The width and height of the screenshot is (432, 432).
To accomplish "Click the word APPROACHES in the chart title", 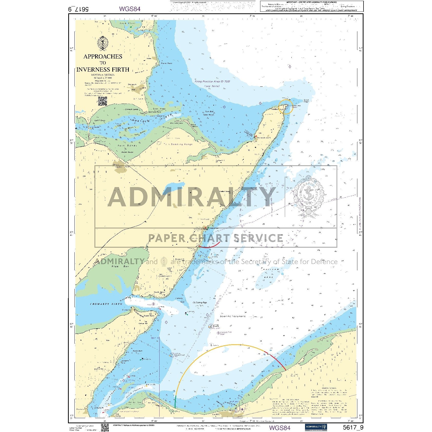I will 103,56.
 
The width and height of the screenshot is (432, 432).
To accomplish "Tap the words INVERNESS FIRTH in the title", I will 103,70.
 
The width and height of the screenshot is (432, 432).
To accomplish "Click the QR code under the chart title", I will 102,101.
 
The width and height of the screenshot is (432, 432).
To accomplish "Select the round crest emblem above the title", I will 102,43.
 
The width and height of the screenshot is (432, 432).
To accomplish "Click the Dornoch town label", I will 132,84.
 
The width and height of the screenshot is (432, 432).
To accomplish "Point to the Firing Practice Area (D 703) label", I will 212,82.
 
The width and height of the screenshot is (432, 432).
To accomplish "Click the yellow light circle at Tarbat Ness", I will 286,107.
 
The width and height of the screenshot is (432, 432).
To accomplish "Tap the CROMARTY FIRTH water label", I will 106,304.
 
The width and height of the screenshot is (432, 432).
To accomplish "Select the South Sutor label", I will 149,316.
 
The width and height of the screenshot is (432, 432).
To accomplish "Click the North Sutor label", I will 159,292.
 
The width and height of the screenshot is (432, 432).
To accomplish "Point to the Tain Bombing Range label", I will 178,144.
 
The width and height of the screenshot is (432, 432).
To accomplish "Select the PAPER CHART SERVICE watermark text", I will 215,238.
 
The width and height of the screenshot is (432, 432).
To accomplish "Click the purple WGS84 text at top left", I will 130,9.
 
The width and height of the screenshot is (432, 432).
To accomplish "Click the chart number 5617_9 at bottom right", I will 353,427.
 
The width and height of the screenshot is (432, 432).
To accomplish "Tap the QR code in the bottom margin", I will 105,427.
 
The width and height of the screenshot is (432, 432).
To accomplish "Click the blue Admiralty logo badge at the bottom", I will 316,427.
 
